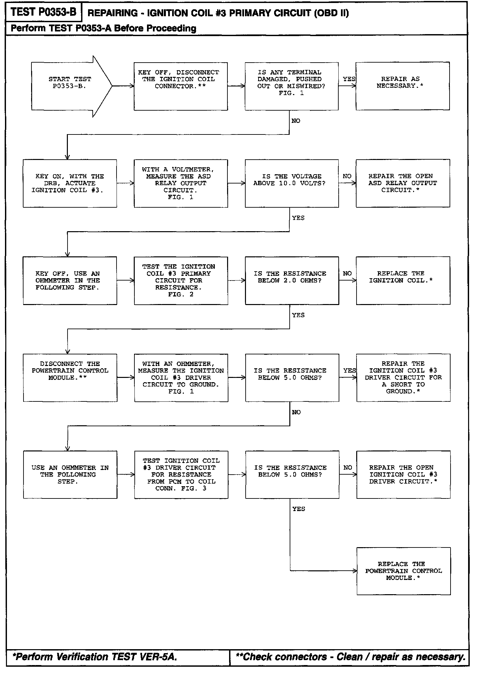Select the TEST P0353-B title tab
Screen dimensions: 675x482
click(x=43, y=13)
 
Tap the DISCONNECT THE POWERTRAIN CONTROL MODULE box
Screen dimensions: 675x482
click(x=70, y=378)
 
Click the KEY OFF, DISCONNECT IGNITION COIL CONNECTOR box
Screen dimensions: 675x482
click(x=180, y=86)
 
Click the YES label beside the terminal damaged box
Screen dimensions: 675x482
click(x=349, y=79)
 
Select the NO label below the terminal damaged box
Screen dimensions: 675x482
click(x=296, y=121)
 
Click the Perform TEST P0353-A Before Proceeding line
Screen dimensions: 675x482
click(x=103, y=28)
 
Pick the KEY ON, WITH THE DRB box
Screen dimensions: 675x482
click(x=70, y=183)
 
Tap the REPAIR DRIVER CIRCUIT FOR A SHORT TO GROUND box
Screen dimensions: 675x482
click(x=403, y=378)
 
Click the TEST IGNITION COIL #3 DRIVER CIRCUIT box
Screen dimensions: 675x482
click(x=181, y=475)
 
